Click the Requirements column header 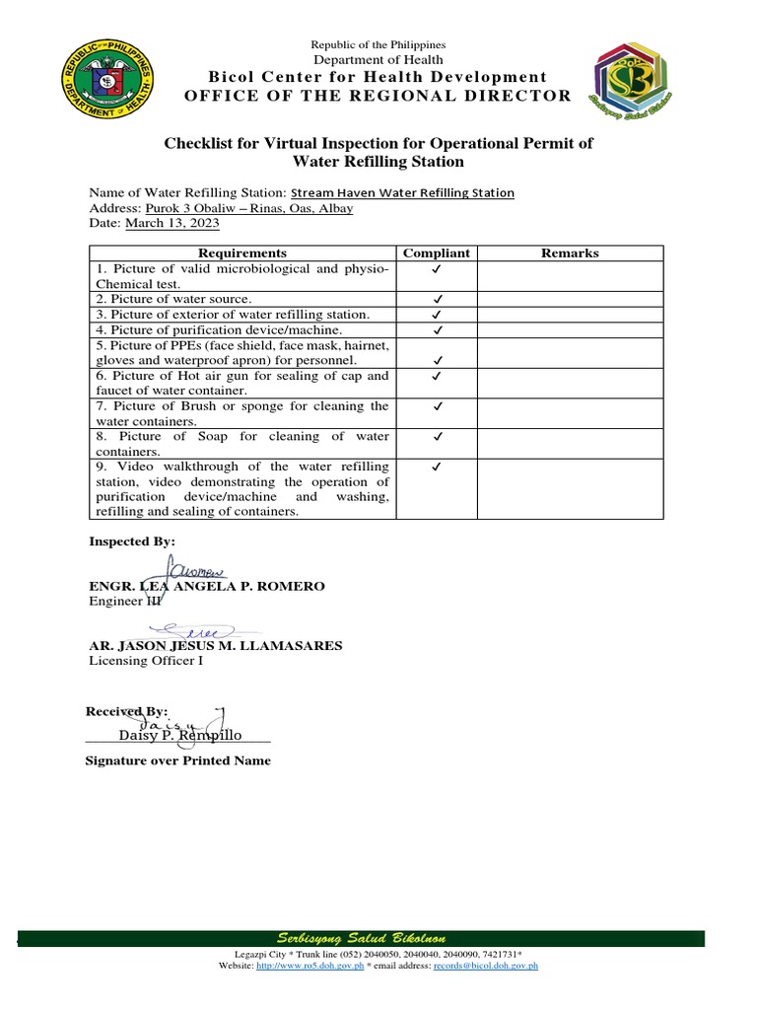point(241,253)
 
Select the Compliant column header point(437,253)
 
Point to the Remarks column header point(570,253)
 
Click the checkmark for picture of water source point(437,299)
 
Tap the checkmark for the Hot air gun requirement point(437,376)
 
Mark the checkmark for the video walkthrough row point(437,467)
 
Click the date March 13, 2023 point(172,224)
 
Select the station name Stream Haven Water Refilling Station point(402,193)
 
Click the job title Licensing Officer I point(146,661)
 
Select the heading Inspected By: point(132,541)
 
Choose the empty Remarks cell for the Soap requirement point(570,443)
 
